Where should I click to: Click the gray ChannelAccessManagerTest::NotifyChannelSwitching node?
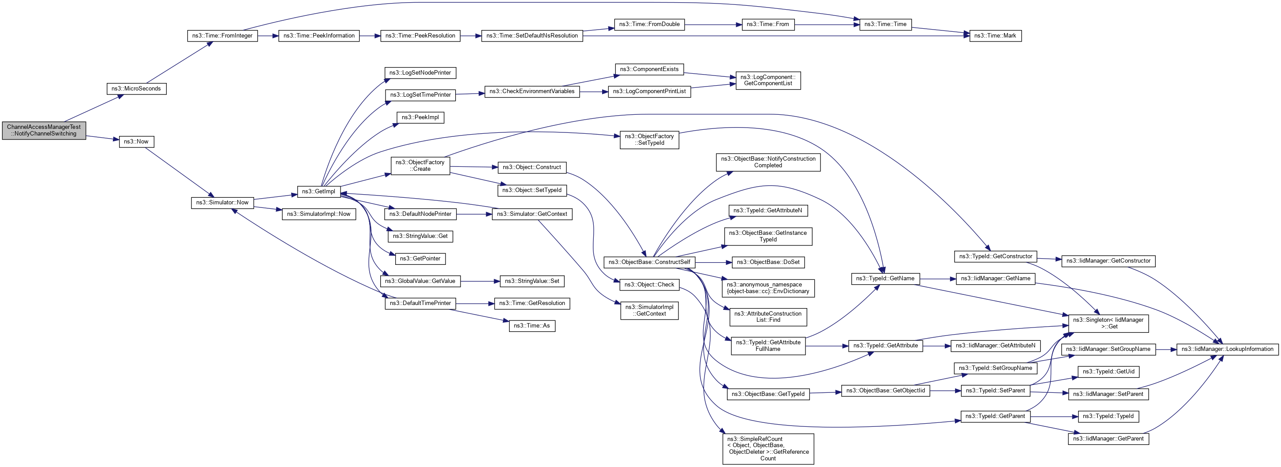[x=44, y=130]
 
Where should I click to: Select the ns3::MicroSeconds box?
[x=136, y=89]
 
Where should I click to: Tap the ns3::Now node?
[x=136, y=142]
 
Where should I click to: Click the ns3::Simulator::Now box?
[x=222, y=203]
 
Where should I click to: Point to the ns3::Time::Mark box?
[x=995, y=36]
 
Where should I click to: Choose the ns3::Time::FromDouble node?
[x=649, y=24]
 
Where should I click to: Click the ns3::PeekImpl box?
[x=420, y=117]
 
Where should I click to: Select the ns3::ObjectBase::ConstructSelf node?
[x=649, y=262]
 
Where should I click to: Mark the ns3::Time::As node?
[x=532, y=326]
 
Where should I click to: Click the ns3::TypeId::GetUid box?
[x=1109, y=372]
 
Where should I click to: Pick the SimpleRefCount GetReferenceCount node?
[x=768, y=448]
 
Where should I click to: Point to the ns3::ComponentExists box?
[x=649, y=70]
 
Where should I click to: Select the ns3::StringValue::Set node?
[x=532, y=282]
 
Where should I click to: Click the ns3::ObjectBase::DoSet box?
[x=768, y=262]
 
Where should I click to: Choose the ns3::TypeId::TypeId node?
[x=1108, y=416]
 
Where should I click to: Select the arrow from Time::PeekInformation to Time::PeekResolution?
[x=370, y=36]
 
